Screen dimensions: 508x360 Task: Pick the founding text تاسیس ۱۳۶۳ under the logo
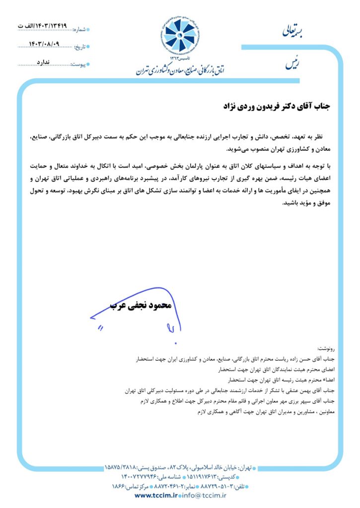180,59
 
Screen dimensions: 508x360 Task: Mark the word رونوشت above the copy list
327,350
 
